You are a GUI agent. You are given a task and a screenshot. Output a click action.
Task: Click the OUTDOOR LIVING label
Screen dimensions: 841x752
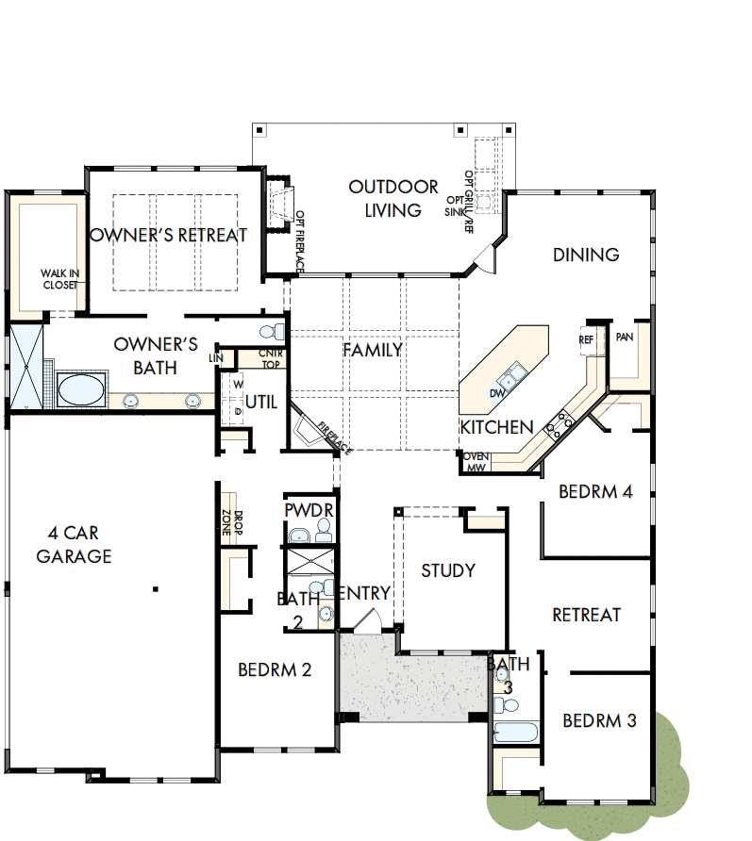(393, 198)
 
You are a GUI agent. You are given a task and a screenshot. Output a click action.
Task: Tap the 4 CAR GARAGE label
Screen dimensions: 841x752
(74, 544)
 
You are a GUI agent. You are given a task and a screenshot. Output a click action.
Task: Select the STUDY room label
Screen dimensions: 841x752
(448, 570)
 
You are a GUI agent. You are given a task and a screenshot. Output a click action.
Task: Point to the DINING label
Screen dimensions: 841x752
(585, 255)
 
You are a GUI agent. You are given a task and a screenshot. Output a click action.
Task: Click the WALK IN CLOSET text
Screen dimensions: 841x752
(59, 278)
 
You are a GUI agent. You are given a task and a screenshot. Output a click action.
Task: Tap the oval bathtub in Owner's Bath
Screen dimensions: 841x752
(81, 388)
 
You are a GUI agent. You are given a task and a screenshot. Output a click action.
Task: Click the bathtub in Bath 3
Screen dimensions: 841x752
(515, 732)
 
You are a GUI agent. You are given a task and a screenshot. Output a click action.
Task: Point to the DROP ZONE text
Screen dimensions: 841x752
(232, 523)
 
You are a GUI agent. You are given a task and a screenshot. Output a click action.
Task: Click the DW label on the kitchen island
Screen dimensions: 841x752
(496, 393)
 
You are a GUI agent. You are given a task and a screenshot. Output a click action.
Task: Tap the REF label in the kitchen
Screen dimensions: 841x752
(586, 339)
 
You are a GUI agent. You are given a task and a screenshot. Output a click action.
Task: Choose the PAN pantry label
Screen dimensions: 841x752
(624, 337)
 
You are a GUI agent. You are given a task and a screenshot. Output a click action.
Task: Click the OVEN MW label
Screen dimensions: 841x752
(476, 462)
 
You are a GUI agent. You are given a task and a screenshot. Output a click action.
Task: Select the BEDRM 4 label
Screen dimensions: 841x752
(594, 491)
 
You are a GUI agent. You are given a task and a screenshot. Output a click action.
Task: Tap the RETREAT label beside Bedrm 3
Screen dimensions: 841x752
(586, 615)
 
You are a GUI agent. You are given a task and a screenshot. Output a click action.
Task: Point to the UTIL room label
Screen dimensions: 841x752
(261, 402)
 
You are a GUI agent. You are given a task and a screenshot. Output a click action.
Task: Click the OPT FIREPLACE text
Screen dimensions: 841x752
(299, 242)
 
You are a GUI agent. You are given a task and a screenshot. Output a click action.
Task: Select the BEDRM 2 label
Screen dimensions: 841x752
(275, 670)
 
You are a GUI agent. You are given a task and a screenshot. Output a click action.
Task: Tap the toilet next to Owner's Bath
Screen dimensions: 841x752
(272, 332)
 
